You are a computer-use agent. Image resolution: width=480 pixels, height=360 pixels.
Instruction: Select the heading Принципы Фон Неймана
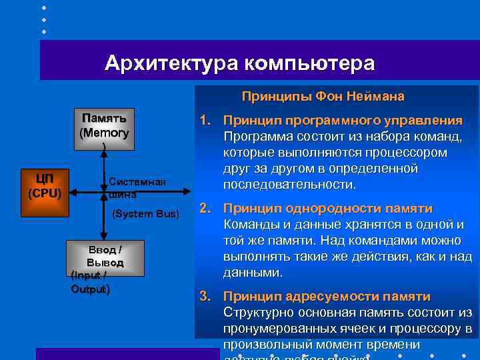[x=323, y=97]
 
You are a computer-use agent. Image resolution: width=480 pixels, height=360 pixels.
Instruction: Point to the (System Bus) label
[x=146, y=213]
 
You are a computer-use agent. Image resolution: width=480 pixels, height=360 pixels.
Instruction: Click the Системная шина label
[x=136, y=187]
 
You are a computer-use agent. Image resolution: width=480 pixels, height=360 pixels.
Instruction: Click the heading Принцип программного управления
[x=343, y=121]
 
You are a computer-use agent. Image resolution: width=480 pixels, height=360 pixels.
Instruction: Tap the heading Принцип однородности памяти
[x=328, y=209]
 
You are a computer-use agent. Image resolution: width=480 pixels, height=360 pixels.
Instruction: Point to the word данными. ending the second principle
[x=253, y=273]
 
